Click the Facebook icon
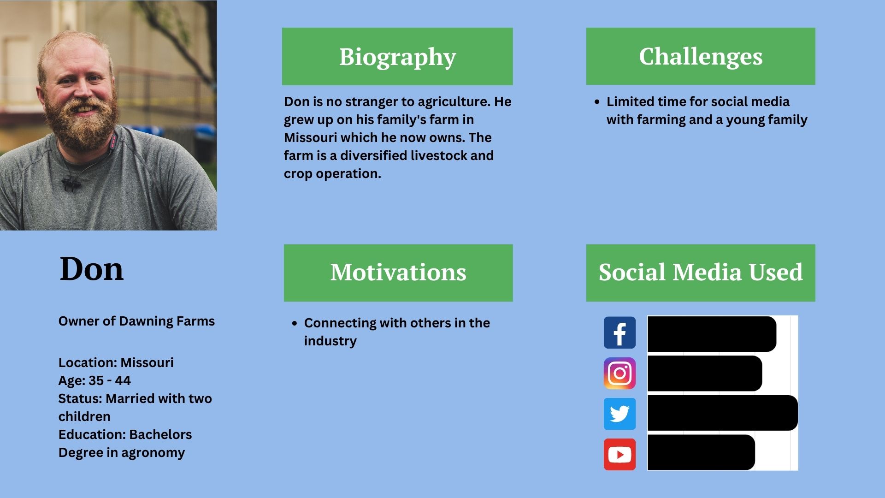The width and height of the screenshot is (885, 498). point(619,332)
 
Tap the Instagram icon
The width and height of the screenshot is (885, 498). point(619,373)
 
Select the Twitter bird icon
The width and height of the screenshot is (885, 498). point(619,414)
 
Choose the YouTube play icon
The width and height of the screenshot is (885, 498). point(619,454)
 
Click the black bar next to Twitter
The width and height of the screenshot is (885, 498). point(722,413)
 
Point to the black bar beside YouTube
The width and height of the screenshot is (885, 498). point(701,452)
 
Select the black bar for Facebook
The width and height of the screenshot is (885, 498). point(712,334)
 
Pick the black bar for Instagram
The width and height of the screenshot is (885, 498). point(705,373)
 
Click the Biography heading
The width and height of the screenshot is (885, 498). point(397,57)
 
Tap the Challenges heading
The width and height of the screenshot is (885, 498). point(701,56)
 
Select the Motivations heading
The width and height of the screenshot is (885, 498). point(398,272)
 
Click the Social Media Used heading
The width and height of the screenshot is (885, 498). point(701,272)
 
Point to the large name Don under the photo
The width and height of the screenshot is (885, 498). point(92,269)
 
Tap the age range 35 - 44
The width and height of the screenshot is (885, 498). point(110,380)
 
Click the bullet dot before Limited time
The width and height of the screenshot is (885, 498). point(597,102)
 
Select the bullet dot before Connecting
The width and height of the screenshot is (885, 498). point(295,323)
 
